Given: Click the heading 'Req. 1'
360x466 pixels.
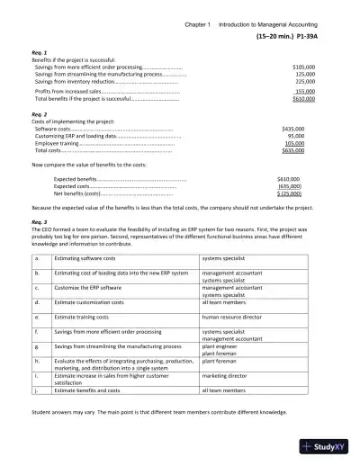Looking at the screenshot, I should click(38, 53).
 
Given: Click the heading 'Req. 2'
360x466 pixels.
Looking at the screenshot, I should click(38, 115).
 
